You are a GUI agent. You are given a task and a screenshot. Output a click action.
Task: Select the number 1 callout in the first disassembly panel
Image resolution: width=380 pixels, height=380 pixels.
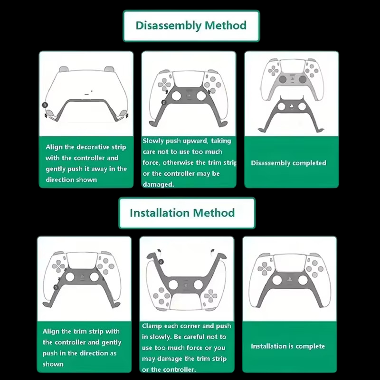(45, 105)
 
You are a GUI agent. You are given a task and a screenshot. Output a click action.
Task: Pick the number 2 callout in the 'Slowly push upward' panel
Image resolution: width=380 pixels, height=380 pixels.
(163, 102)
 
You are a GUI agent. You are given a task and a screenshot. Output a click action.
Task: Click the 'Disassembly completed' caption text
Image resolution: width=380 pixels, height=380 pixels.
(288, 163)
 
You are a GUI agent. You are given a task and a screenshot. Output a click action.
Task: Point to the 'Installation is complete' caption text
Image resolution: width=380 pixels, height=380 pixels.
(288, 346)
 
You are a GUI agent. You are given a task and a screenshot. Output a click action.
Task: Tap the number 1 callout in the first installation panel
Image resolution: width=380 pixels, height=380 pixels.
(56, 287)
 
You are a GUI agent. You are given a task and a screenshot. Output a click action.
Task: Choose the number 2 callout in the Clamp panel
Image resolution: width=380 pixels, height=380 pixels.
(161, 262)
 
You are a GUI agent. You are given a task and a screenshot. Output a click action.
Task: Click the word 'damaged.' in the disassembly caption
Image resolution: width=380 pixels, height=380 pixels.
(158, 184)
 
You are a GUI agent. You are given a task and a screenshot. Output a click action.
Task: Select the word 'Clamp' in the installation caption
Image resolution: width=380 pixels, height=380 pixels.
(152, 326)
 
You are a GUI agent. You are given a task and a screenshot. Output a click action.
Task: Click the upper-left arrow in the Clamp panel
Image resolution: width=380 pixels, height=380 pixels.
(159, 251)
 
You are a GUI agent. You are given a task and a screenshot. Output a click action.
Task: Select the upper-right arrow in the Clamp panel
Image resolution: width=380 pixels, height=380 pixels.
(212, 251)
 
